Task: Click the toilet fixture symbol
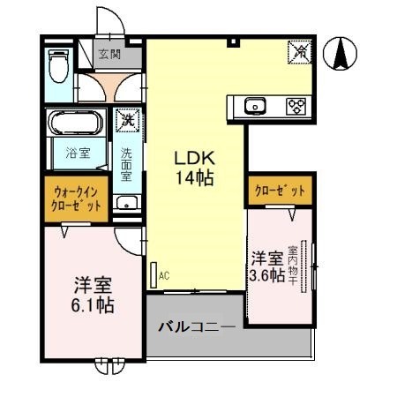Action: point(59,66)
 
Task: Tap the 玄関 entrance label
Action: point(109,54)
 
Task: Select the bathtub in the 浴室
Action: point(76,122)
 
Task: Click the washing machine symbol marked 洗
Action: point(128,120)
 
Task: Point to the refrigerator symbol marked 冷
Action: point(299,51)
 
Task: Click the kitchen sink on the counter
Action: point(255,106)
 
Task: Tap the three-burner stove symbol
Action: point(296,106)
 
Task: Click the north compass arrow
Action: point(340,53)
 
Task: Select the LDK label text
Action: point(195,158)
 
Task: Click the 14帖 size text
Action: point(195,178)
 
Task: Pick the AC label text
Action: point(164,276)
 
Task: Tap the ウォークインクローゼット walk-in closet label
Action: point(76,198)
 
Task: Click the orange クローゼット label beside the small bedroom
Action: point(280,191)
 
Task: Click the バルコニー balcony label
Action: point(197,326)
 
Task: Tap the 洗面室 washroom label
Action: point(126,164)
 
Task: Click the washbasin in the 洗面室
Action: point(127,203)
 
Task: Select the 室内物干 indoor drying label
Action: point(293,266)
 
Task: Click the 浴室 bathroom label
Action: point(78,153)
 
